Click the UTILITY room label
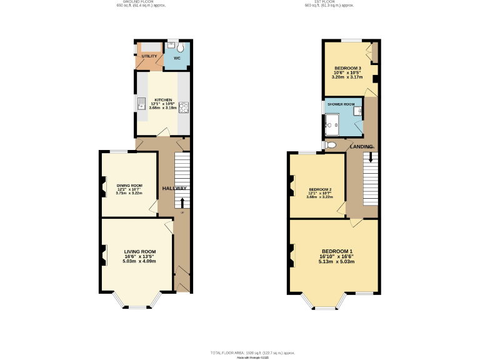click(x=149, y=57)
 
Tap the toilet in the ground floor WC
click(x=180, y=47)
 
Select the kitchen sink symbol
click(x=141, y=103)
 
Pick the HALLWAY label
click(x=174, y=189)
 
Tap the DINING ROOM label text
click(x=129, y=185)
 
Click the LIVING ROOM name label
click(x=139, y=251)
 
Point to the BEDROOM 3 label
click(x=347, y=67)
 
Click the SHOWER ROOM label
click(x=341, y=104)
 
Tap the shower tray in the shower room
click(x=333, y=124)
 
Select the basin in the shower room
click(x=357, y=112)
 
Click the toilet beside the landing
click(x=331, y=145)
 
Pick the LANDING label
click(x=361, y=147)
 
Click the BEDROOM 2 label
click(x=319, y=189)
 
